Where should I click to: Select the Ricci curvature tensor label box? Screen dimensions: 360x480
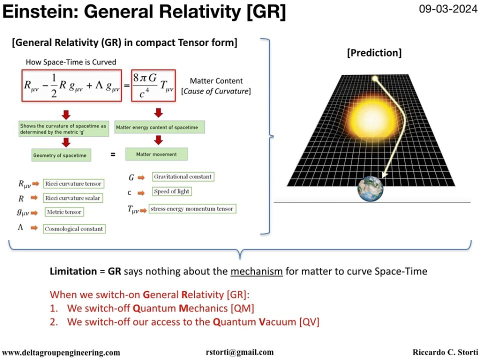(73, 184)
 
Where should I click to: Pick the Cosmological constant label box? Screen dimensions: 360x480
(74, 229)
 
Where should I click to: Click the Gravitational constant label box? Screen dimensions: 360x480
(182, 176)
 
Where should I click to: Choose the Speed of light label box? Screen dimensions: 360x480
(171, 191)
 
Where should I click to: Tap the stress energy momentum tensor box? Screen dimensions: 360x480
(192, 209)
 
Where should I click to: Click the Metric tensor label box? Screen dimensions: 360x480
(63, 212)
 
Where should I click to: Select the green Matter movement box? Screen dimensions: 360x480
(156, 154)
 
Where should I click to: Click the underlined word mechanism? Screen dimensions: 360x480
(256, 271)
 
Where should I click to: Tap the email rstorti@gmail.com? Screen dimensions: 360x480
(239, 352)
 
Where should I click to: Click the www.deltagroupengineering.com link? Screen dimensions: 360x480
(61, 352)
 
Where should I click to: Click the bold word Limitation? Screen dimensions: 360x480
(73, 271)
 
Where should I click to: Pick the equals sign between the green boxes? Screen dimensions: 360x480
(112, 155)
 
